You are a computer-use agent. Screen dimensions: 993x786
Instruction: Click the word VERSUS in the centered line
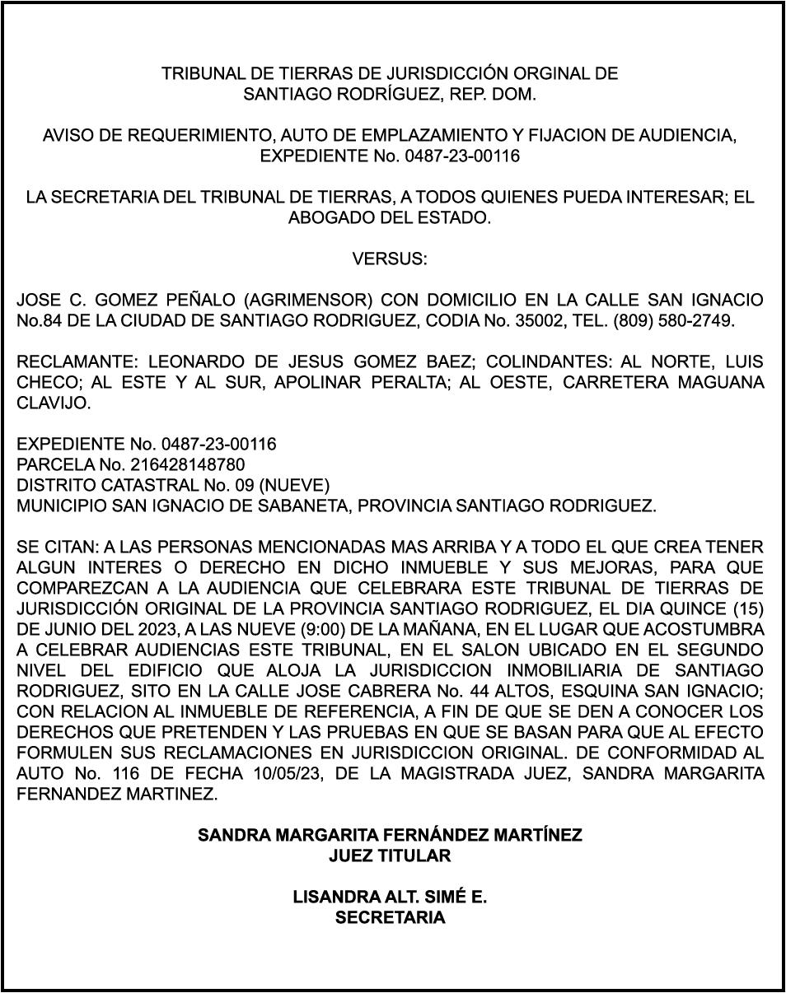(x=390, y=259)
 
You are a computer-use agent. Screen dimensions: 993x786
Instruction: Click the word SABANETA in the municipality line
(x=292, y=506)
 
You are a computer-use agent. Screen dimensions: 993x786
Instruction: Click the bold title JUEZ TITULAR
(x=390, y=855)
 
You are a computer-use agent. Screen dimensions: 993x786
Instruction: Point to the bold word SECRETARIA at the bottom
(x=390, y=917)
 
